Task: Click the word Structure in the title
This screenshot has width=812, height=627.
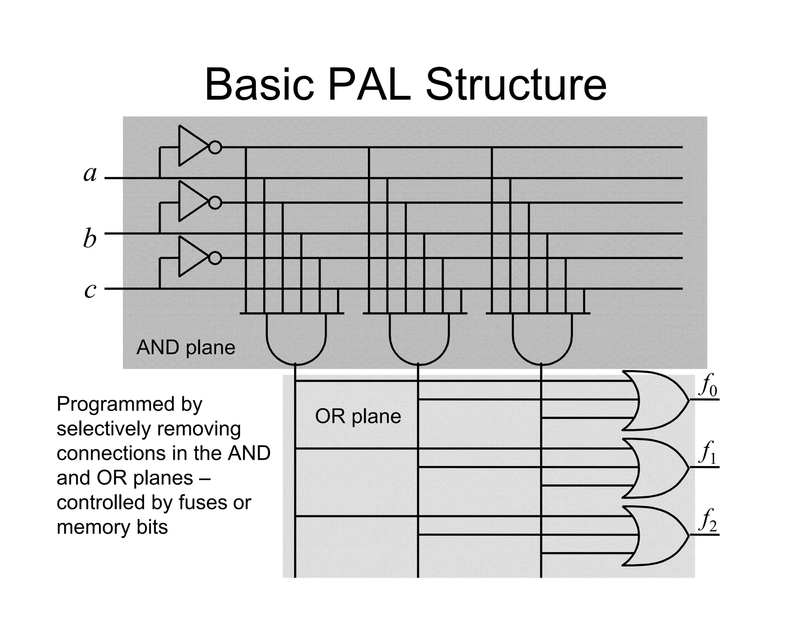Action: pos(515,85)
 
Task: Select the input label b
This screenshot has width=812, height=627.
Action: pos(90,239)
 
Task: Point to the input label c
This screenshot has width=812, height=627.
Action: pos(90,291)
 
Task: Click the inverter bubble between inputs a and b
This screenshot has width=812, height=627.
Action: pos(215,203)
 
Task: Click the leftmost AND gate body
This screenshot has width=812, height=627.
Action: pos(296,337)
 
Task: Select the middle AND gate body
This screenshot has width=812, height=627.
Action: pos(419,337)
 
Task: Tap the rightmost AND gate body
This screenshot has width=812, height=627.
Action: pos(542,337)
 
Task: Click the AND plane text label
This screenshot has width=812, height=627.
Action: pos(186,348)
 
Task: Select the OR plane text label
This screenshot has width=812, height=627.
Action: pos(358,417)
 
